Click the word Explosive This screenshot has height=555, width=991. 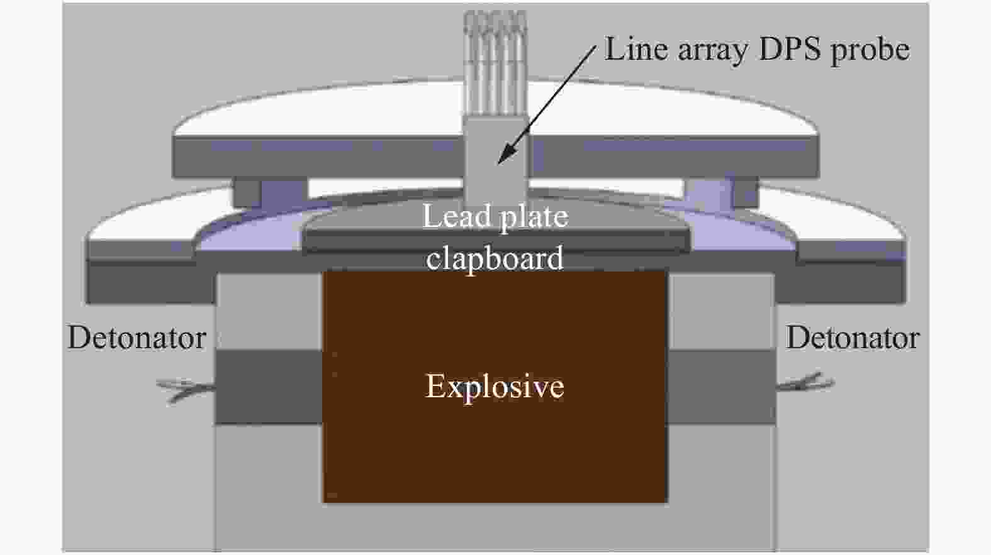495,386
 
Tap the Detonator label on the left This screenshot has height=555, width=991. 137,338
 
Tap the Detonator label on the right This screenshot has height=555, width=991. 853,338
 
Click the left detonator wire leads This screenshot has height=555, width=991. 186,390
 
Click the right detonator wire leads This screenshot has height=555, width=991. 805,383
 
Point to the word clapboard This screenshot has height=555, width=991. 495,258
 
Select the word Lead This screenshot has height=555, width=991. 456,216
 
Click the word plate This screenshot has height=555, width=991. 533,218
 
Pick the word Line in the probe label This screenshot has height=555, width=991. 636,48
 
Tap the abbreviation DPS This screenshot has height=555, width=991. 790,48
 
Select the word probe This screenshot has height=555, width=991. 870,51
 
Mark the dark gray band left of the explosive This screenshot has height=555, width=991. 269,387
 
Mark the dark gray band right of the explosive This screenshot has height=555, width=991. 721,387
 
